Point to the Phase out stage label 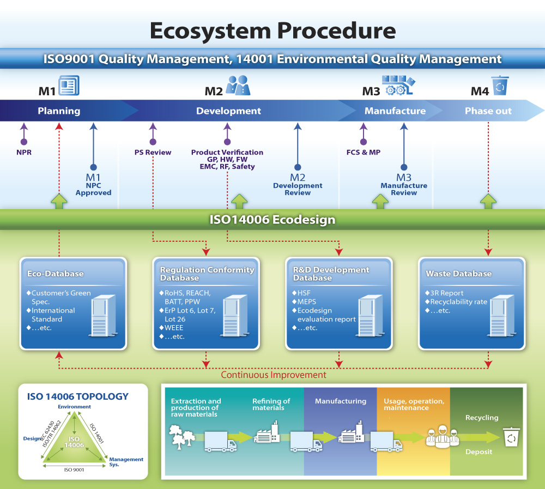click(x=488, y=111)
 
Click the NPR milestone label click(x=23, y=152)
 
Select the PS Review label click(x=153, y=152)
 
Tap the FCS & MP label click(x=364, y=152)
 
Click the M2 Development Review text click(x=298, y=185)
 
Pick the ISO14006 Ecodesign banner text click(x=272, y=220)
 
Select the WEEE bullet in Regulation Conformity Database click(x=174, y=328)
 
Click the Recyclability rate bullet click(x=458, y=302)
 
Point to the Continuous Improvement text click(x=273, y=375)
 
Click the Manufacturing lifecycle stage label click(x=341, y=401)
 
